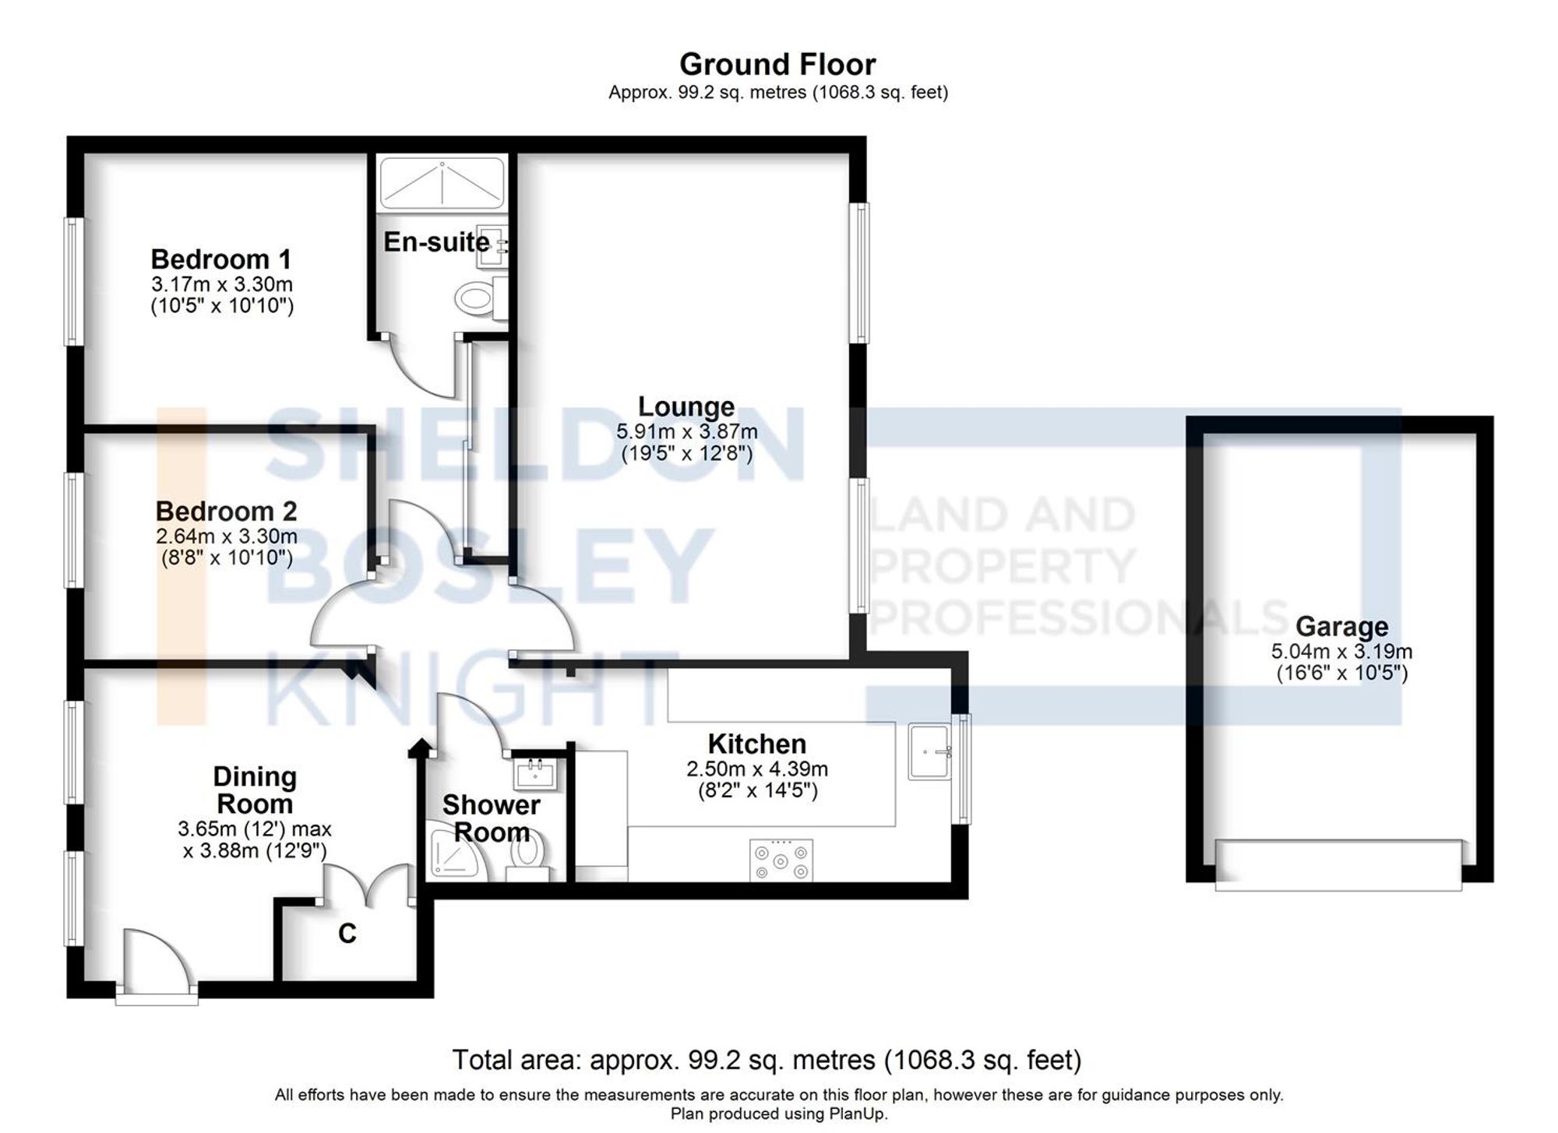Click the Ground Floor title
click(x=777, y=64)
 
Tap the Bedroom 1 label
click(x=221, y=259)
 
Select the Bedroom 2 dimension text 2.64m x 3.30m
click(x=226, y=536)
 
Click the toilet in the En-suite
click(x=475, y=297)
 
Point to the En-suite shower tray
click(x=441, y=182)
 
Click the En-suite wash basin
click(x=493, y=246)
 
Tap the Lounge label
click(x=686, y=406)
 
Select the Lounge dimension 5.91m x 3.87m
click(x=686, y=431)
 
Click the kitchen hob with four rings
click(x=781, y=860)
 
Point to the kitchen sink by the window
click(x=929, y=751)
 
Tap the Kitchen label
click(x=756, y=744)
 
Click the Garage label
click(x=1341, y=626)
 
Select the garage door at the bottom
click(x=1338, y=864)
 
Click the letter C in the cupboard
click(x=347, y=932)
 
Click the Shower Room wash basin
click(x=535, y=773)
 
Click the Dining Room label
click(x=255, y=790)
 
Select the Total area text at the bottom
click(x=767, y=1060)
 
